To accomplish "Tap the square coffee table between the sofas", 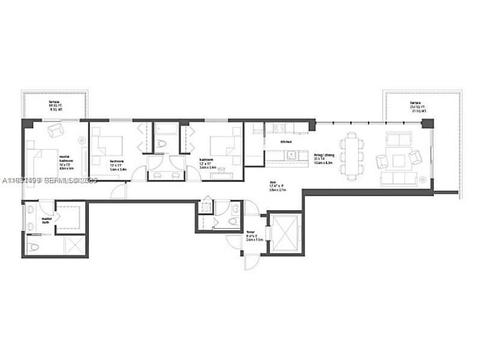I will pos(399,160).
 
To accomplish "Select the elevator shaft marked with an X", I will pos(285,233).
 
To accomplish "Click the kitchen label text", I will pos(286,142).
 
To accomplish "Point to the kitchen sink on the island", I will pos(290,154).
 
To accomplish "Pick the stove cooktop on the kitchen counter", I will pos(279,128).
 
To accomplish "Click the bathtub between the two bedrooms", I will pos(165,129).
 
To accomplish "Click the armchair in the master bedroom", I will pos(55,130).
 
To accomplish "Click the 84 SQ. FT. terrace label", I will pos(55,106).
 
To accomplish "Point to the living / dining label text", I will pos(323,158).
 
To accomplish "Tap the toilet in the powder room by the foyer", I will pos(235,209).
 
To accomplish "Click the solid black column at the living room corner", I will pos(427,124).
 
